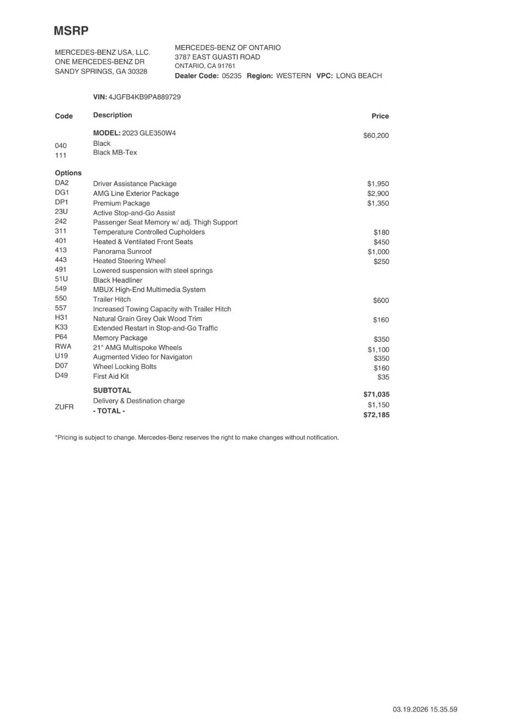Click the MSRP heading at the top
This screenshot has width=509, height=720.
point(71,31)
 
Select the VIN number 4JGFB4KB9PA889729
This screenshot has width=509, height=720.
point(144,97)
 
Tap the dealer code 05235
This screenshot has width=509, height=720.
point(231,76)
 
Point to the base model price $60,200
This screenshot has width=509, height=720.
point(376,136)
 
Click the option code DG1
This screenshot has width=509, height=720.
point(62,193)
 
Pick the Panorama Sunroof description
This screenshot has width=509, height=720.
point(122,251)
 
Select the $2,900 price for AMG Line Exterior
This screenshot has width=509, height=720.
point(378,194)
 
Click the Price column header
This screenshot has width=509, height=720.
point(380,116)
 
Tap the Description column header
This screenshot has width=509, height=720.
point(112,115)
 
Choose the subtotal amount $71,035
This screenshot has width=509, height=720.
point(376,395)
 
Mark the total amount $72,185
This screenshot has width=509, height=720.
point(376,415)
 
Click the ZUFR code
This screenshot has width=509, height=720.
point(64,407)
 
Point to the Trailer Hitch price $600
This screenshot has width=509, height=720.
point(381,300)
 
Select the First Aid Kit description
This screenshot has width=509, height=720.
point(111,377)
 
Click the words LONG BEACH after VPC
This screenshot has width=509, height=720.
point(359,76)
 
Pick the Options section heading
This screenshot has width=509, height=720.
point(68,173)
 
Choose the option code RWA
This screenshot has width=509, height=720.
point(63,347)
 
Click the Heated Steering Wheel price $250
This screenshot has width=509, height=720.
point(381,262)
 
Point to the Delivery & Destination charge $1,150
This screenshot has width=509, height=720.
point(378,405)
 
